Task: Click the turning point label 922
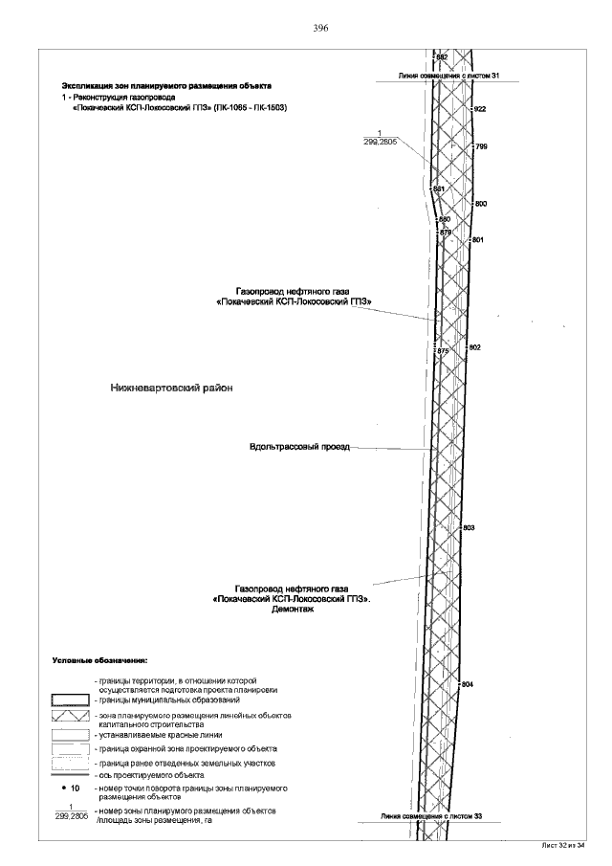[x=480, y=110]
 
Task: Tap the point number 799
[x=481, y=146]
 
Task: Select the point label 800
[x=481, y=205]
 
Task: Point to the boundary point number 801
[x=478, y=239]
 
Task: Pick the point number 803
[x=469, y=528]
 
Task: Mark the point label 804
[x=467, y=685]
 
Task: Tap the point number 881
[x=439, y=189]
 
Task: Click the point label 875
[x=443, y=352]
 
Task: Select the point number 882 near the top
[x=442, y=57]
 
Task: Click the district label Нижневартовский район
[x=172, y=389]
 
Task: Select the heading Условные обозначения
[x=99, y=660]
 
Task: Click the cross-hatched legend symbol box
[x=69, y=716]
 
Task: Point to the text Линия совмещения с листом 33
[x=431, y=816]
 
